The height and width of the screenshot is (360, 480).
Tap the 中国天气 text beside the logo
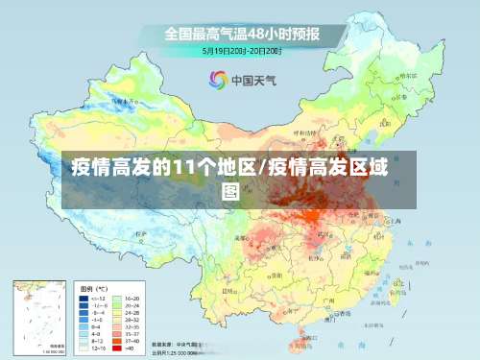tap(252, 81)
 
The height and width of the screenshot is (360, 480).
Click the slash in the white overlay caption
tap(261, 169)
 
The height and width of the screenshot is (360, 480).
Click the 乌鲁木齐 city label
tap(119, 99)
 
